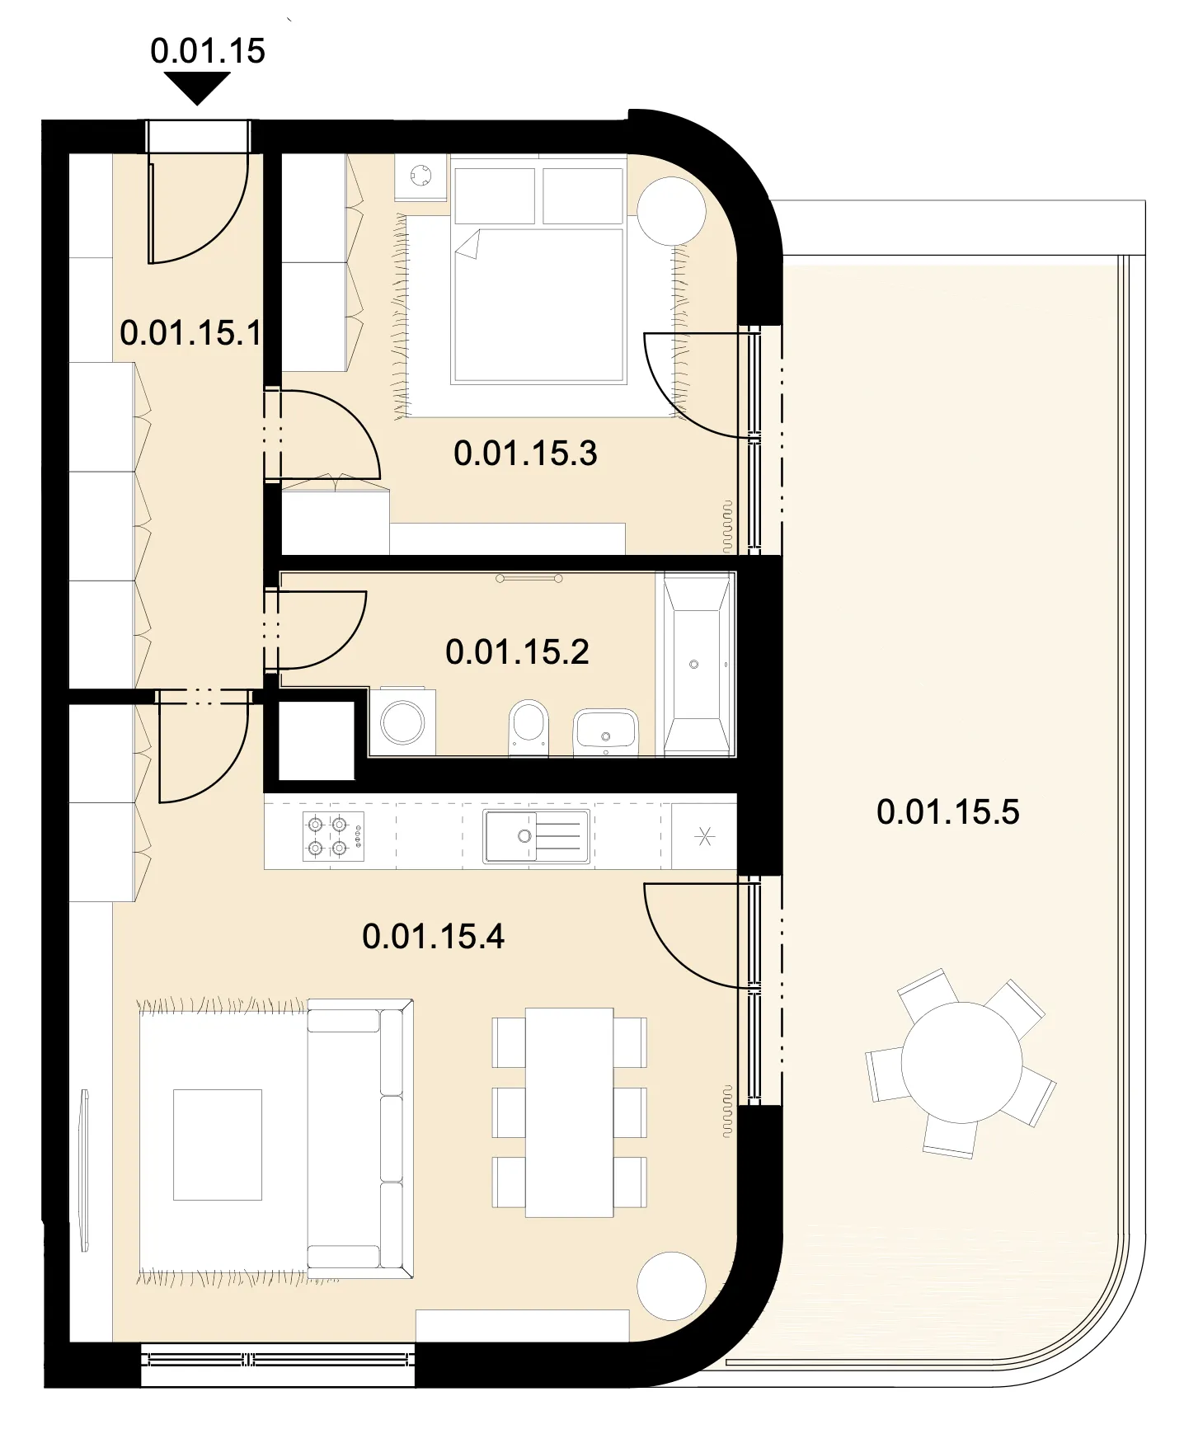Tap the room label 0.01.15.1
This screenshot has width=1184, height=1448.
coord(190,333)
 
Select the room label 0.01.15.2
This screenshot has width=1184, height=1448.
coord(517,652)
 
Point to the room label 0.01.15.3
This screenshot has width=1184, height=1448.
coord(525,454)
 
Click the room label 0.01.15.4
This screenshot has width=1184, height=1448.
coord(433,937)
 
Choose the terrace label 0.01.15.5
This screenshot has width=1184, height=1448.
coord(948,812)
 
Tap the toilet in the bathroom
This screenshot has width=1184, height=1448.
coord(529,727)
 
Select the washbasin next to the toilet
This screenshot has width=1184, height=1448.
coord(606,731)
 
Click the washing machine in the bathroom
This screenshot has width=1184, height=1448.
coord(402,722)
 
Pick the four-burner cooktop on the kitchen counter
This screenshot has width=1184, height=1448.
coord(333,836)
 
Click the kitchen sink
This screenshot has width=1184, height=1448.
coord(536,837)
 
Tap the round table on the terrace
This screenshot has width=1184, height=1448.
coord(961,1062)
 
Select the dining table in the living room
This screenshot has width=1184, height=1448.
coord(570,1112)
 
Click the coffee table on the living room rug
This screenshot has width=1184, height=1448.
coord(218,1145)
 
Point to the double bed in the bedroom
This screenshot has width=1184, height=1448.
coord(538,275)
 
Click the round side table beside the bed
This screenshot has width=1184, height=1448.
coord(673,210)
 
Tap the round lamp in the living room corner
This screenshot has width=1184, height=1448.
coord(672,1286)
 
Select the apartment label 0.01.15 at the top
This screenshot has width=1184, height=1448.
coord(208,51)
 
